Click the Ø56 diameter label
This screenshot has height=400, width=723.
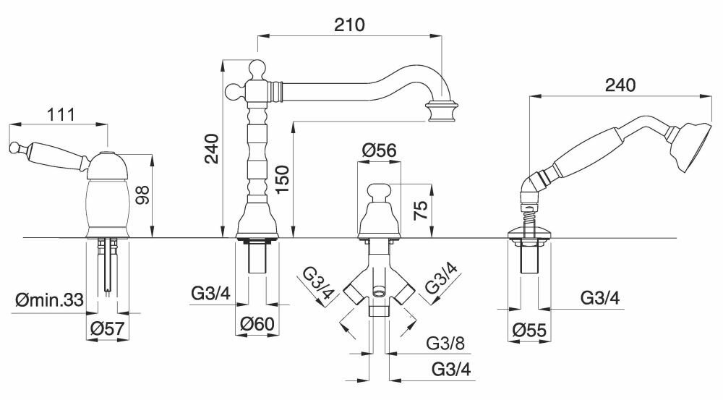(x=378, y=150)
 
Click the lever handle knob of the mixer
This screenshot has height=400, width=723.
(x=14, y=149)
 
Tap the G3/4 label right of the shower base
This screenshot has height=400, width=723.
(x=601, y=297)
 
